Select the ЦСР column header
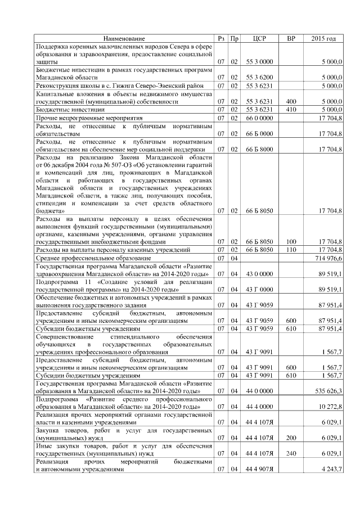[x=259, y=38]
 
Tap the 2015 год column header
[x=323, y=38]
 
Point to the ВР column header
[x=291, y=38]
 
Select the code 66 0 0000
[x=259, y=118]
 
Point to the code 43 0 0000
[x=259, y=274]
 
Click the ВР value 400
[x=291, y=102]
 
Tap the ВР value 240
[x=291, y=453]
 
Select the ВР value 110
[x=291, y=249]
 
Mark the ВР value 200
[x=291, y=437]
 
